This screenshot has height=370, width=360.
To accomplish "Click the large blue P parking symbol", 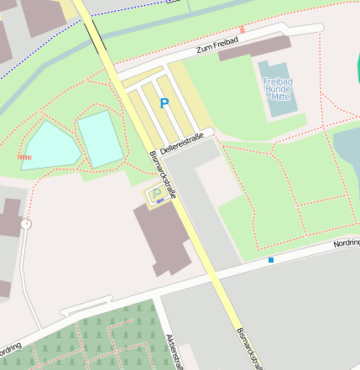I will coord(164,104).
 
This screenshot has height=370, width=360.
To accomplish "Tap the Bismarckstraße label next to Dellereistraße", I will coord(163,173).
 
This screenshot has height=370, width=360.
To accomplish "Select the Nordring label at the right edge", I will coord(346,243).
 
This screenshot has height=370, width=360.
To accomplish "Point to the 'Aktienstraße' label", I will coord(177,351).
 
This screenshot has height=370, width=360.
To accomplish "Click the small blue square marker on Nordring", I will coord(271,260).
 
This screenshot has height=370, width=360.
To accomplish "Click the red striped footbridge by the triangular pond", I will coord(25,156).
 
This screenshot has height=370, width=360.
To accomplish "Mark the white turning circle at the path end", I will coord(26,224).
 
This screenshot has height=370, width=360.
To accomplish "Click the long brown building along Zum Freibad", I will coord(254,47).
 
